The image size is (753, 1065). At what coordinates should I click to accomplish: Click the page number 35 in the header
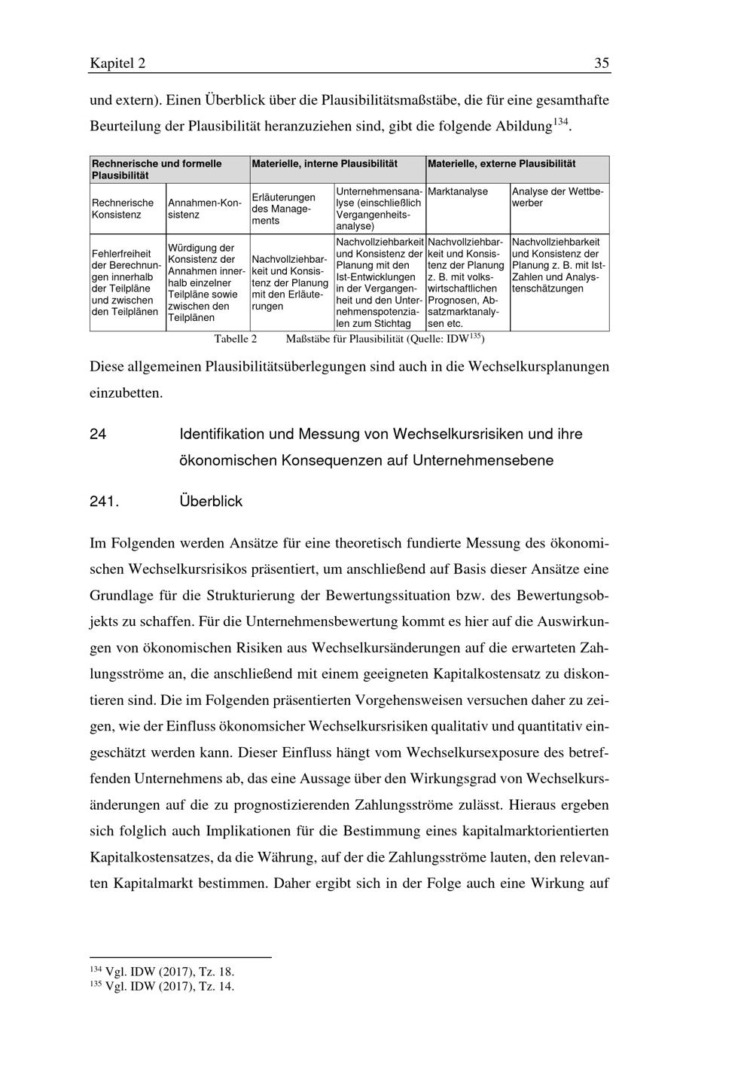click(x=601, y=63)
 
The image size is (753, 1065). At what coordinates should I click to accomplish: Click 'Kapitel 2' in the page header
click(x=117, y=63)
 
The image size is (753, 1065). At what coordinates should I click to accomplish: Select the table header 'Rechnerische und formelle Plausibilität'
click(x=157, y=169)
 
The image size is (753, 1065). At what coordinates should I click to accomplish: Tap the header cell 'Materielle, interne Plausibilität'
click(x=325, y=163)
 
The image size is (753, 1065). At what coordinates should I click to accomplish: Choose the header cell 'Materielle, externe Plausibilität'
click(x=501, y=163)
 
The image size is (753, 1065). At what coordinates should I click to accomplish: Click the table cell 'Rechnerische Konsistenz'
click(x=123, y=208)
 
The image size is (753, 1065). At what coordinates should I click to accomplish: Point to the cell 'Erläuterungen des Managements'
click(x=283, y=209)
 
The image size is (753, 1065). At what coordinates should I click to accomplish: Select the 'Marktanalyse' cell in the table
click(x=458, y=192)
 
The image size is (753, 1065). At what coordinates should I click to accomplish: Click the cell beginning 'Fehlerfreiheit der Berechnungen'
click(x=126, y=282)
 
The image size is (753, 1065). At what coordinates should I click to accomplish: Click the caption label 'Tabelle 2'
click(x=236, y=339)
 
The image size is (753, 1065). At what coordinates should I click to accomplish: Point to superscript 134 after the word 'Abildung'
click(x=560, y=121)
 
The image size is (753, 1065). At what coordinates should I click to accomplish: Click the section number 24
click(x=98, y=435)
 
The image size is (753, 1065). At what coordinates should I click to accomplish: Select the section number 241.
click(x=104, y=501)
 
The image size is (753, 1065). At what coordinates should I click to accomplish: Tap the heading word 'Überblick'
click(x=211, y=501)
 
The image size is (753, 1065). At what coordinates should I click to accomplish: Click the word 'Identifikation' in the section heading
click(x=221, y=435)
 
